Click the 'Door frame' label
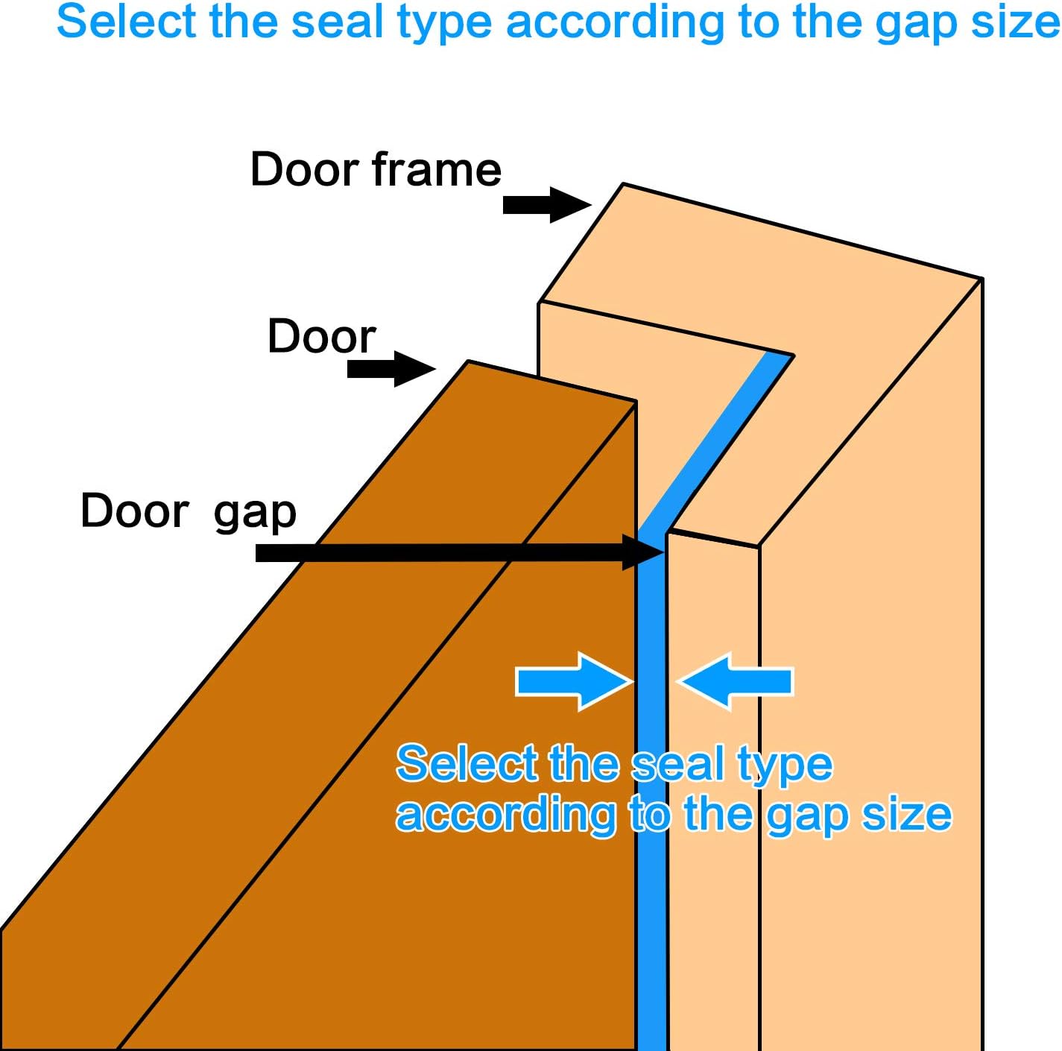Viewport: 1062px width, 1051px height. click(376, 170)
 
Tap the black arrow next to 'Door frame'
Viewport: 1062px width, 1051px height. click(546, 204)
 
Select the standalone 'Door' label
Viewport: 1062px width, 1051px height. click(321, 336)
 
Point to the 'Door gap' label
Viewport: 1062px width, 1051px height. click(188, 512)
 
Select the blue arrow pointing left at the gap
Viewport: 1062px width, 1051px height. click(737, 681)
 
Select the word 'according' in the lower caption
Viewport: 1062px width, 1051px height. click(505, 815)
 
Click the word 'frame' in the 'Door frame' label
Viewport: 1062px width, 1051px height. click(437, 170)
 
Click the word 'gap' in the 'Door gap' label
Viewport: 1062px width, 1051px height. click(255, 514)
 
